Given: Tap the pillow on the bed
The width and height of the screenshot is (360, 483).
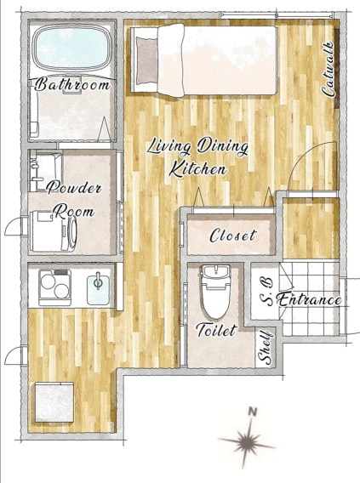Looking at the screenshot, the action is (146, 60).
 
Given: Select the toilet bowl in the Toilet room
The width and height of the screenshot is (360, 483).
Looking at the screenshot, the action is (216, 292).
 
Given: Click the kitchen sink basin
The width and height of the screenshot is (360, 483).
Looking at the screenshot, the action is (98, 290).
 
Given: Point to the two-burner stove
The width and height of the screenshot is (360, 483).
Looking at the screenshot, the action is (54, 287).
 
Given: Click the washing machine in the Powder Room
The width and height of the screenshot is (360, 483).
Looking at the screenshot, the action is (54, 230).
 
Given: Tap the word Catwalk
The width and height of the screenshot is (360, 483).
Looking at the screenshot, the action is (328, 68).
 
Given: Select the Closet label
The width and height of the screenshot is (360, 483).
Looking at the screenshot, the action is (233, 236).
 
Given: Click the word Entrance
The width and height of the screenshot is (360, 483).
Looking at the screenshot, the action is (309, 299).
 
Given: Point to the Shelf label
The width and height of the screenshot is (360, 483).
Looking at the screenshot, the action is (266, 347).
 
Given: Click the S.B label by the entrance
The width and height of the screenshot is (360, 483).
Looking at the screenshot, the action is (266, 292).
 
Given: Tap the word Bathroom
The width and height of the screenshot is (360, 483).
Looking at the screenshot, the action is (72, 84).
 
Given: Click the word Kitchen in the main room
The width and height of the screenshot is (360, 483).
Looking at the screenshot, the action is (198, 169).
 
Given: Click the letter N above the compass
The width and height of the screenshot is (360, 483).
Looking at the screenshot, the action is (253, 412).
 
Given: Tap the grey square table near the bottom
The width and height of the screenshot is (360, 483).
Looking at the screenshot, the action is (54, 402).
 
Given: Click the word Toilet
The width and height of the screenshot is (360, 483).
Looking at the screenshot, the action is (217, 330).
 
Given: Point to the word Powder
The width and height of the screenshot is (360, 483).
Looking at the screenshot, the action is (74, 187).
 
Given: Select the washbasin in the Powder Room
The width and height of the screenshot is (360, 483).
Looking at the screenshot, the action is (46, 172).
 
